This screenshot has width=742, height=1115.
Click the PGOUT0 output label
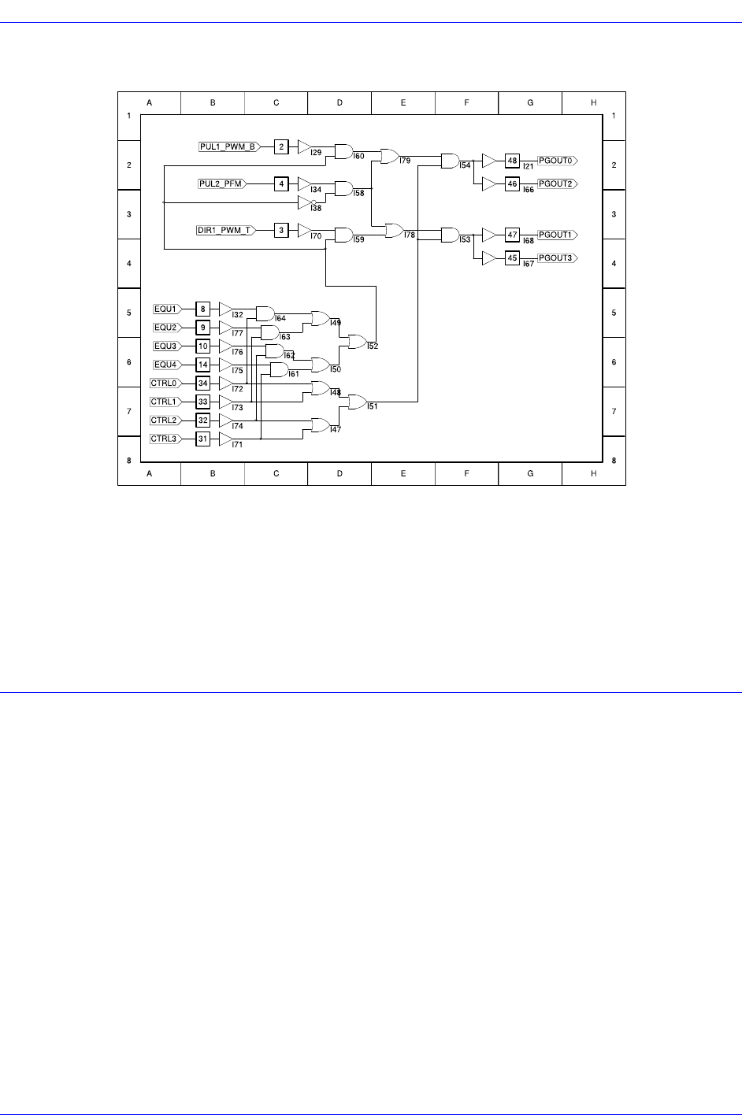point(557,161)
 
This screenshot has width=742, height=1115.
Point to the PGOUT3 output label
point(557,258)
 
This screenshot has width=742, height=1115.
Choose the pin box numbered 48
point(512,161)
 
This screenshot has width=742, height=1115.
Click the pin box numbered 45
point(512,258)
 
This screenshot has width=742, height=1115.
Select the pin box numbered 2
point(281,146)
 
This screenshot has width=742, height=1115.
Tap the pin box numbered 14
point(202,365)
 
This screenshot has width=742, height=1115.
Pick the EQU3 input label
point(166,346)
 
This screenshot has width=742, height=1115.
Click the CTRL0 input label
point(165,383)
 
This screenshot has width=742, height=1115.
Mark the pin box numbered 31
point(202,439)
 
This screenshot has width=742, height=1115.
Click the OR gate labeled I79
point(390,156)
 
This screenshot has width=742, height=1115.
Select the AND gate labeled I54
point(450,161)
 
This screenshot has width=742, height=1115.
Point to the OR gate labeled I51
point(357,402)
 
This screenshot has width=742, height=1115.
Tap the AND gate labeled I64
point(265,313)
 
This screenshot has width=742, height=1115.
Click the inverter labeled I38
point(306,202)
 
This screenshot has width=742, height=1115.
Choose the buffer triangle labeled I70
point(304,230)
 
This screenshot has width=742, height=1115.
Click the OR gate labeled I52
point(357,342)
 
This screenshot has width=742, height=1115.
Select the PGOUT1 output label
point(557,235)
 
